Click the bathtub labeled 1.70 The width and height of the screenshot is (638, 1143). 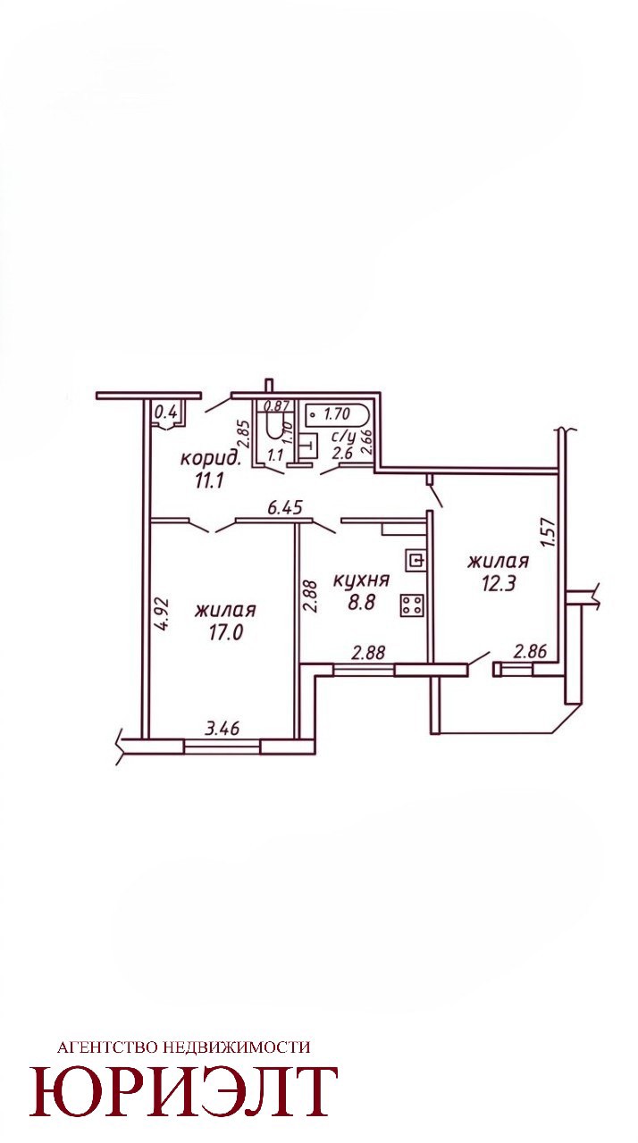[338, 413]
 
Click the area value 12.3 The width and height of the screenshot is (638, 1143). [498, 583]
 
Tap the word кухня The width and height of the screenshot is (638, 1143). [361, 580]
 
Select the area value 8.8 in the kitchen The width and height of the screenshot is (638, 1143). [361, 602]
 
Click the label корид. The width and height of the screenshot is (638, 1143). [211, 459]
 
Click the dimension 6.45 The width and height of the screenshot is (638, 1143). [287, 507]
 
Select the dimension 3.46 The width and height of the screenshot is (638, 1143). [222, 728]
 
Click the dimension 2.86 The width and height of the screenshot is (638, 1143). [531, 651]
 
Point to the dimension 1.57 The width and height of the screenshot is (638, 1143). [550, 532]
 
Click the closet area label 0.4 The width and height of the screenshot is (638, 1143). [165, 412]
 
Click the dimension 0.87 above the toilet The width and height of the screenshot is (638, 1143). [277, 406]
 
